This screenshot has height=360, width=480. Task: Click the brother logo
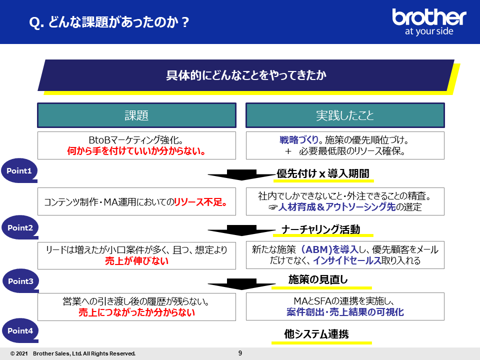click(429, 22)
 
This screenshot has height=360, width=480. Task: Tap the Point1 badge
click(19, 170)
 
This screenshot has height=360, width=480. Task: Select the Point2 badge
click(20, 227)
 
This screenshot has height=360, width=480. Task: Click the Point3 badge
click(20, 280)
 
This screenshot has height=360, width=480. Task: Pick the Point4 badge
click(20, 330)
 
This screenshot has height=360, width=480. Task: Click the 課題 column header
click(137, 115)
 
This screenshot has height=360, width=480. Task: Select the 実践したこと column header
click(345, 115)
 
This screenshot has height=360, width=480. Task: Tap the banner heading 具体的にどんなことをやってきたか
click(246, 75)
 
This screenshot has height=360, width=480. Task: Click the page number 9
click(240, 353)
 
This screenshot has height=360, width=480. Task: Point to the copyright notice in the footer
click(73, 353)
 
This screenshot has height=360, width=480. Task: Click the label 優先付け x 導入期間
click(323, 173)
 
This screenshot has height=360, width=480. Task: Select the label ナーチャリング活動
click(321, 229)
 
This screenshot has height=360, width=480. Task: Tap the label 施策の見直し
click(318, 279)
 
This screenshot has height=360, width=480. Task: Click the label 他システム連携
click(316, 333)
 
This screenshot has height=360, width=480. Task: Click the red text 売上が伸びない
click(137, 261)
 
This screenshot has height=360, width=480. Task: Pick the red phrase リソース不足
click(200, 202)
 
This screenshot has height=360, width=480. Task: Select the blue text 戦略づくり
click(299, 140)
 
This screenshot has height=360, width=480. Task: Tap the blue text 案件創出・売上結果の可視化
click(345, 312)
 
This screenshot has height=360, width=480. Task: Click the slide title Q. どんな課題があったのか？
click(109, 22)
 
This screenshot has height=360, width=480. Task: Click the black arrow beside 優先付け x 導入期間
click(241, 175)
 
